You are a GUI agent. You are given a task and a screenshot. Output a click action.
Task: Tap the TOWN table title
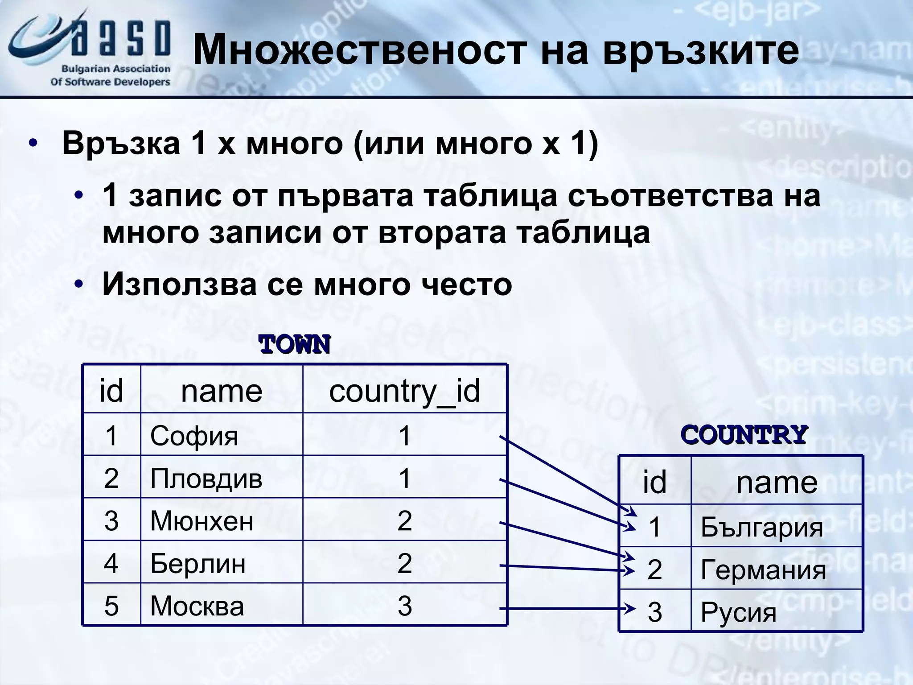[x=294, y=345]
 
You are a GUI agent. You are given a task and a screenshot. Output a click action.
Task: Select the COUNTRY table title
[x=744, y=435]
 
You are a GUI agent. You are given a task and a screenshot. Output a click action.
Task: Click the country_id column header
[x=404, y=391]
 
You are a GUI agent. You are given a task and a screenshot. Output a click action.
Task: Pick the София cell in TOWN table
[x=194, y=436]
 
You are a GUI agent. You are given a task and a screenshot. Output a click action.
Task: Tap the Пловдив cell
[x=206, y=479]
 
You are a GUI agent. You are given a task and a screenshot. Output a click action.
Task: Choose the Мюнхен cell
[x=202, y=521]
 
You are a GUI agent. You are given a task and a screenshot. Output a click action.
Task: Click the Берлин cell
[x=198, y=564]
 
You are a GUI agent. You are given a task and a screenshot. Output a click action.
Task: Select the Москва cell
[x=197, y=606]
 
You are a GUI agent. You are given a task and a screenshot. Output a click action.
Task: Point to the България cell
[x=761, y=527]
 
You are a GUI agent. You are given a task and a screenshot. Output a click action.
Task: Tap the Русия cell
[x=738, y=612]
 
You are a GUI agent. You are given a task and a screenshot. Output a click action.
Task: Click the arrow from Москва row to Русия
[x=566, y=608]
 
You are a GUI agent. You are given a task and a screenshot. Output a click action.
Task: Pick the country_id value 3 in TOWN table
[x=404, y=606]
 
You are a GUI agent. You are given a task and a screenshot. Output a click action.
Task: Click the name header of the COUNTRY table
[x=777, y=482]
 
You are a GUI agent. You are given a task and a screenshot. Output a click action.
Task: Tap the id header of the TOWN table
[x=111, y=391]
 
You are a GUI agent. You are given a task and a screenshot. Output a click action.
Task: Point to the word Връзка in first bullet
[x=121, y=144]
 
